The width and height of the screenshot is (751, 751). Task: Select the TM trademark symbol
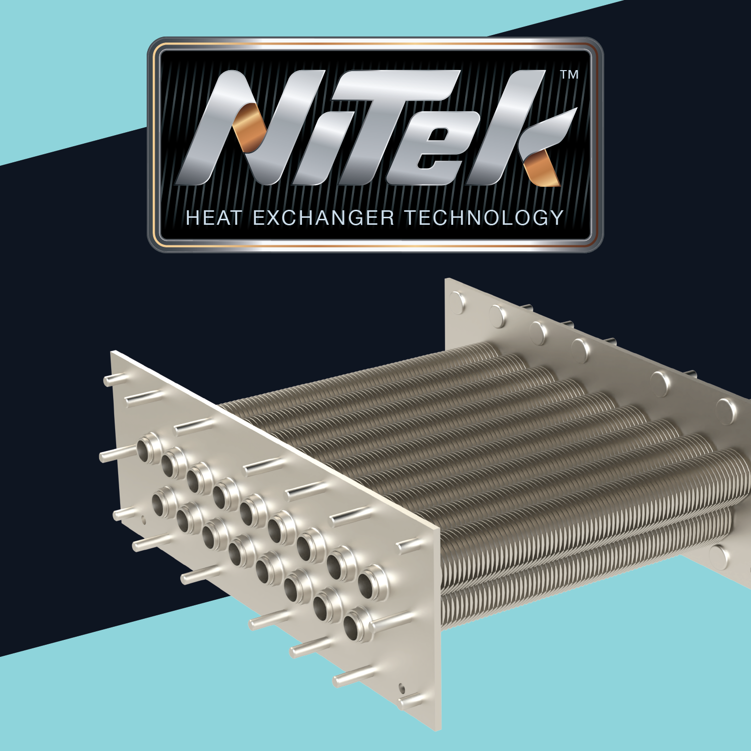569,75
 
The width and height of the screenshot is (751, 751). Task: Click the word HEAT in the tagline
214,218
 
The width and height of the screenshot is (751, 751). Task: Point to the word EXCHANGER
323,218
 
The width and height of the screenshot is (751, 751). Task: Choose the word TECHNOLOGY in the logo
484,218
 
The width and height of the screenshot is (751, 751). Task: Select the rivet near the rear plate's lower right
719,556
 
